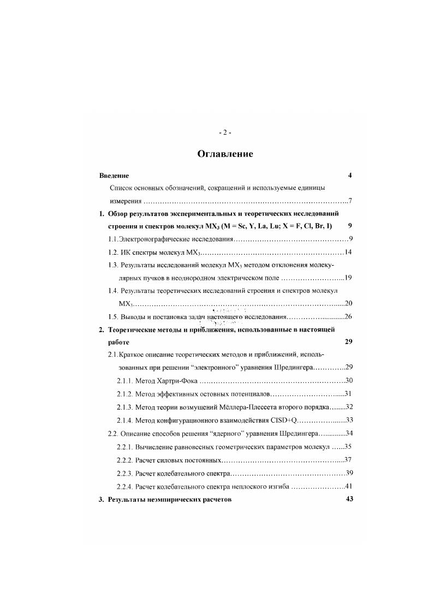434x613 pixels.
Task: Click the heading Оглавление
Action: coord(225,154)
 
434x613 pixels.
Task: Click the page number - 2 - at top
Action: coord(225,133)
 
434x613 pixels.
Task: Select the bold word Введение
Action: coord(114,176)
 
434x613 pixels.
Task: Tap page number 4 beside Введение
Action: coord(349,176)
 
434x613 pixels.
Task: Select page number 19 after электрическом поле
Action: coord(348,278)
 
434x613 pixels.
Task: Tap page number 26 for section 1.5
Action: coord(348,317)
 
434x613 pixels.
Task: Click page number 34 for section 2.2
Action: coord(348,434)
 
